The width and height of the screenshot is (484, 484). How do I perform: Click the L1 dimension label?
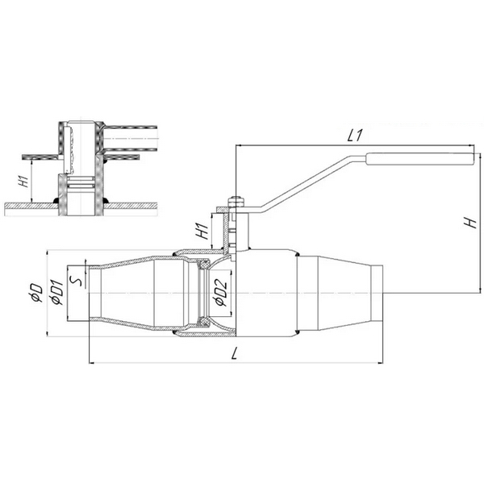tap(354, 136)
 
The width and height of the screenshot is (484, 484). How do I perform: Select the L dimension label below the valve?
tap(235, 353)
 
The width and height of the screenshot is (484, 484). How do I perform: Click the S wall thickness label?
tap(76, 281)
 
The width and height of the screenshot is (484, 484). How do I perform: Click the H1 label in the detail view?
tap(25, 181)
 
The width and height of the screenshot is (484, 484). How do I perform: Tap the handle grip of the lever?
tap(419, 159)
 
